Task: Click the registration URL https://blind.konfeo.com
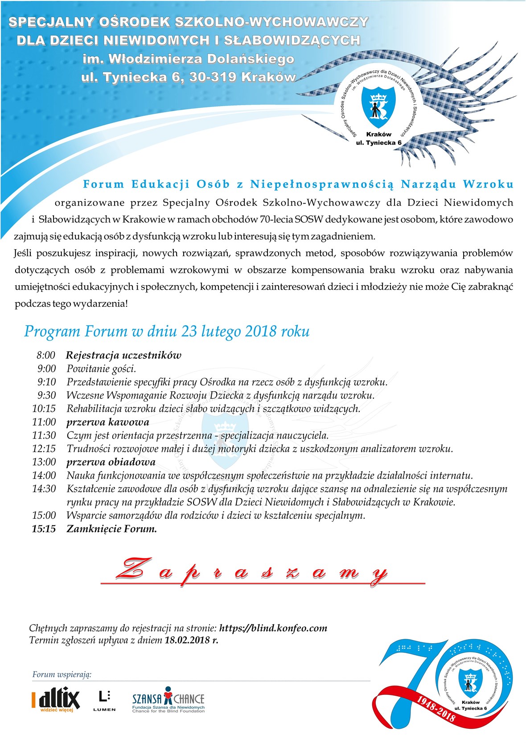273,628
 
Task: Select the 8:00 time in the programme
46,355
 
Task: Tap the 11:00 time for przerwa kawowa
44,422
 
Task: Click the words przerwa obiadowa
111,462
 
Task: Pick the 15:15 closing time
44,529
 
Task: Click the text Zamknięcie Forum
111,529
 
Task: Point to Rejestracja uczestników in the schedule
123,355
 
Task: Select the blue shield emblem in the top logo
378,107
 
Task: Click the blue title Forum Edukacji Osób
298,184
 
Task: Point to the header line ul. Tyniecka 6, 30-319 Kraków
188,77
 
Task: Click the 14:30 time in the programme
44,489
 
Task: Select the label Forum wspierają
62,674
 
